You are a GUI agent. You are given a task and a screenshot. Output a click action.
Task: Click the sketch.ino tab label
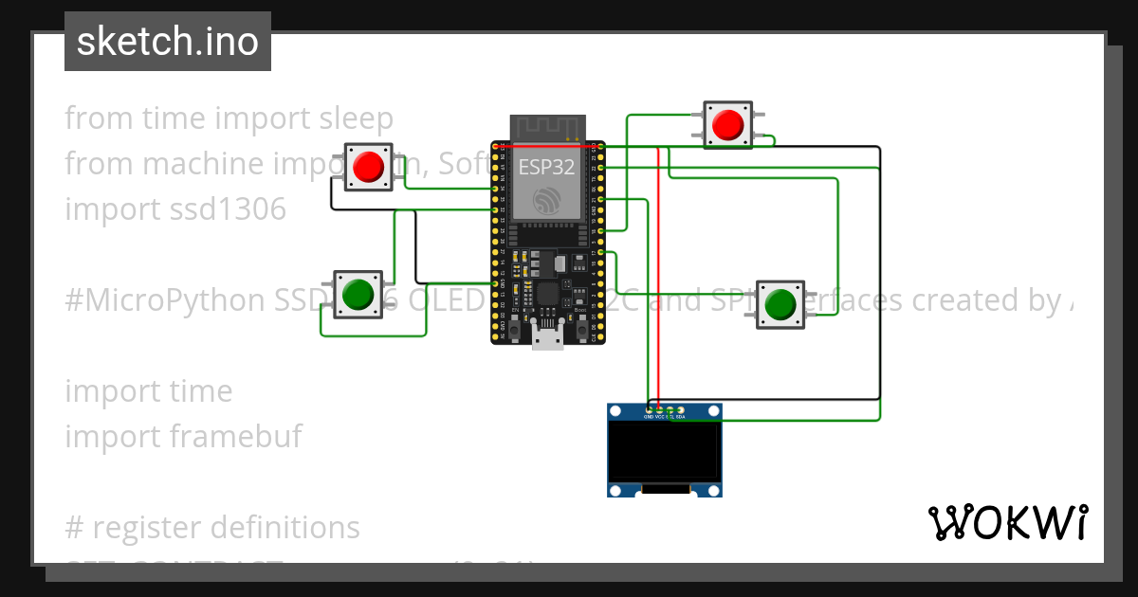click(168, 42)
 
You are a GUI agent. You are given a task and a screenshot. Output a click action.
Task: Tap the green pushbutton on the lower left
click(358, 294)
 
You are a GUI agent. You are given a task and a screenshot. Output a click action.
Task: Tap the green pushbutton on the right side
click(780, 304)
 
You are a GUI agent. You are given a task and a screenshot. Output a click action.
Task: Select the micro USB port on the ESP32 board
click(547, 336)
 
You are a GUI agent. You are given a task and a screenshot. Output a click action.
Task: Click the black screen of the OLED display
click(664, 451)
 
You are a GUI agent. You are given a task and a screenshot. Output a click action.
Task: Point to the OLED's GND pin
click(649, 410)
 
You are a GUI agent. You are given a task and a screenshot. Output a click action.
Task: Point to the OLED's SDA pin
click(680, 410)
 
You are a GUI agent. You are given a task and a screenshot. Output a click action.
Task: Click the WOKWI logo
click(1007, 523)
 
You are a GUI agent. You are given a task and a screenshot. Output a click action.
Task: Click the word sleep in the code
click(356, 118)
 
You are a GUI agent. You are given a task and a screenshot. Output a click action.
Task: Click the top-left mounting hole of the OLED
click(616, 411)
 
